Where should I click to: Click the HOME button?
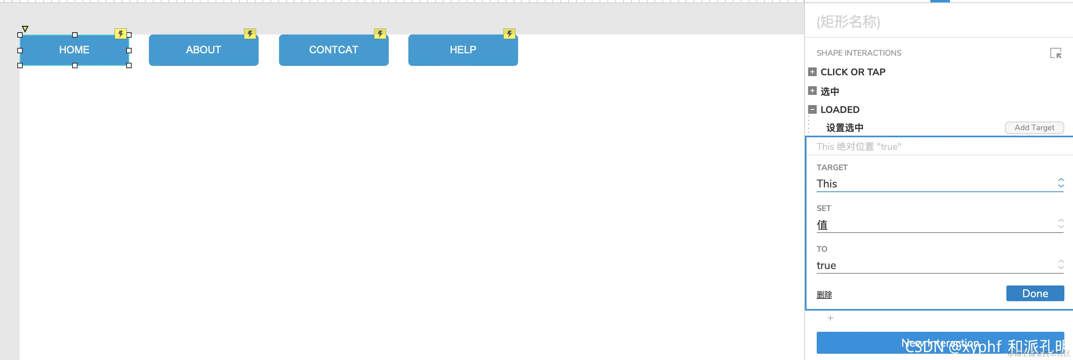coord(74,50)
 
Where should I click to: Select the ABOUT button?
coord(203,50)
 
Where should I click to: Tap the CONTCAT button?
coord(333,50)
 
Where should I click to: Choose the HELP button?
coord(463,50)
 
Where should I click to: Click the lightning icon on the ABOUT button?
coord(250,34)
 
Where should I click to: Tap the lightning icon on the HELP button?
coord(509,34)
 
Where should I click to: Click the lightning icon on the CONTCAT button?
coord(380,34)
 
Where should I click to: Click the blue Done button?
coord(1035,293)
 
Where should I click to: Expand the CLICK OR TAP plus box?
coord(812,72)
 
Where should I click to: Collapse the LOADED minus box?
coord(812,109)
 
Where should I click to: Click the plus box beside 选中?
coord(812,91)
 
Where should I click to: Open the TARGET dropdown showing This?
coord(940,184)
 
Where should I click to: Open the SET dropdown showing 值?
coord(940,225)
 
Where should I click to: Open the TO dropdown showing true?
coord(940,265)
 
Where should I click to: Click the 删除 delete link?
coord(824,295)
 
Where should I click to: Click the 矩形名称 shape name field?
coord(848,22)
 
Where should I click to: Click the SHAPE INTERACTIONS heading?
coord(859,53)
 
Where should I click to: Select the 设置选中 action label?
coord(844,127)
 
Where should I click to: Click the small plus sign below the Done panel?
coord(830,318)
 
